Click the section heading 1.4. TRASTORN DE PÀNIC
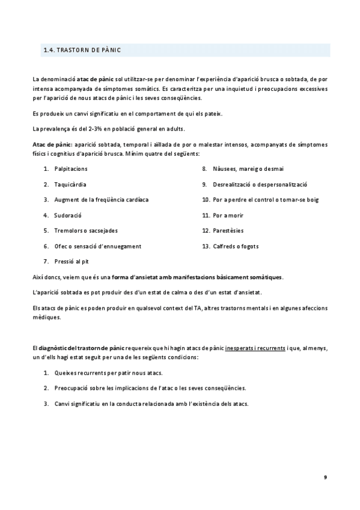point(82,51)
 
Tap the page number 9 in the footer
point(325,477)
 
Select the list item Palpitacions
point(70,168)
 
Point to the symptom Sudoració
point(67,215)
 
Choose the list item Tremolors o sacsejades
point(86,230)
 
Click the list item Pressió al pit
point(72,262)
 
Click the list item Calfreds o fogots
point(237,246)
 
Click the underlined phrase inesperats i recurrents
point(255,348)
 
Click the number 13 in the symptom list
point(205,246)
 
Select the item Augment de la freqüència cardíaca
point(101,199)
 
